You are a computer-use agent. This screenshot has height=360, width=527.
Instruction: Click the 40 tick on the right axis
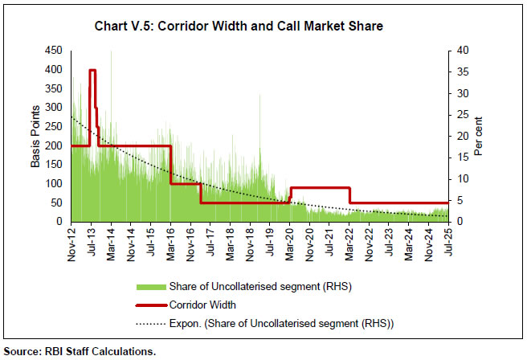pos(456,51)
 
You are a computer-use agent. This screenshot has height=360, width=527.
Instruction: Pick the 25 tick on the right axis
pos(456,114)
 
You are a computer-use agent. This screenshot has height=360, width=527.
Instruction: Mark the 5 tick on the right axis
pos(453,200)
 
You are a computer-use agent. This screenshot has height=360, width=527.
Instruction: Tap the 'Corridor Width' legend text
pos(204,305)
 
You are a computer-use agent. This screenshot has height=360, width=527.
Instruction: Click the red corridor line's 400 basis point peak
pos(92,71)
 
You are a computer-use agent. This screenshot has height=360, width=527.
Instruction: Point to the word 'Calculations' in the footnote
pos(122,351)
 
